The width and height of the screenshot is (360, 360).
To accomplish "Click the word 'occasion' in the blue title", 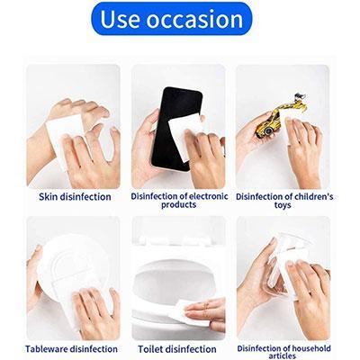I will click(x=199, y=19).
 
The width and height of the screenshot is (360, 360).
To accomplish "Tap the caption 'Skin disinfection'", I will click(x=75, y=196).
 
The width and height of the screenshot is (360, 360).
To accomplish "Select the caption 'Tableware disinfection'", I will click(x=73, y=349).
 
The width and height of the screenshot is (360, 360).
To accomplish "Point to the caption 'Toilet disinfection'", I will click(x=177, y=349).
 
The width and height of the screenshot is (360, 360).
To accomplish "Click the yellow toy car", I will click(x=273, y=121).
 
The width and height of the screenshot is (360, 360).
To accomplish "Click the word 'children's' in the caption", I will click(x=310, y=195).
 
